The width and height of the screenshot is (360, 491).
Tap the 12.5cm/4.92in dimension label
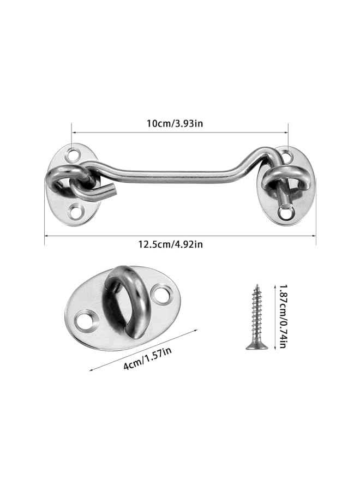pos(179,244)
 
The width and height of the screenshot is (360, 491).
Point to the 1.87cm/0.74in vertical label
pos(283,316)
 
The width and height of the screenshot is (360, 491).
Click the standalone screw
pos(256,316)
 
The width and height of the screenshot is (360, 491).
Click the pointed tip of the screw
pos(256,285)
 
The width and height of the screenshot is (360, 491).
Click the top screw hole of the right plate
pos(288,157)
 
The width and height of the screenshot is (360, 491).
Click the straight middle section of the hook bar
pos(180,174)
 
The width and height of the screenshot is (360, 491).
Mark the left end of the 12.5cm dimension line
pos(45,236)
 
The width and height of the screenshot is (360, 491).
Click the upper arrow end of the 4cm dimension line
pos(196,330)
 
